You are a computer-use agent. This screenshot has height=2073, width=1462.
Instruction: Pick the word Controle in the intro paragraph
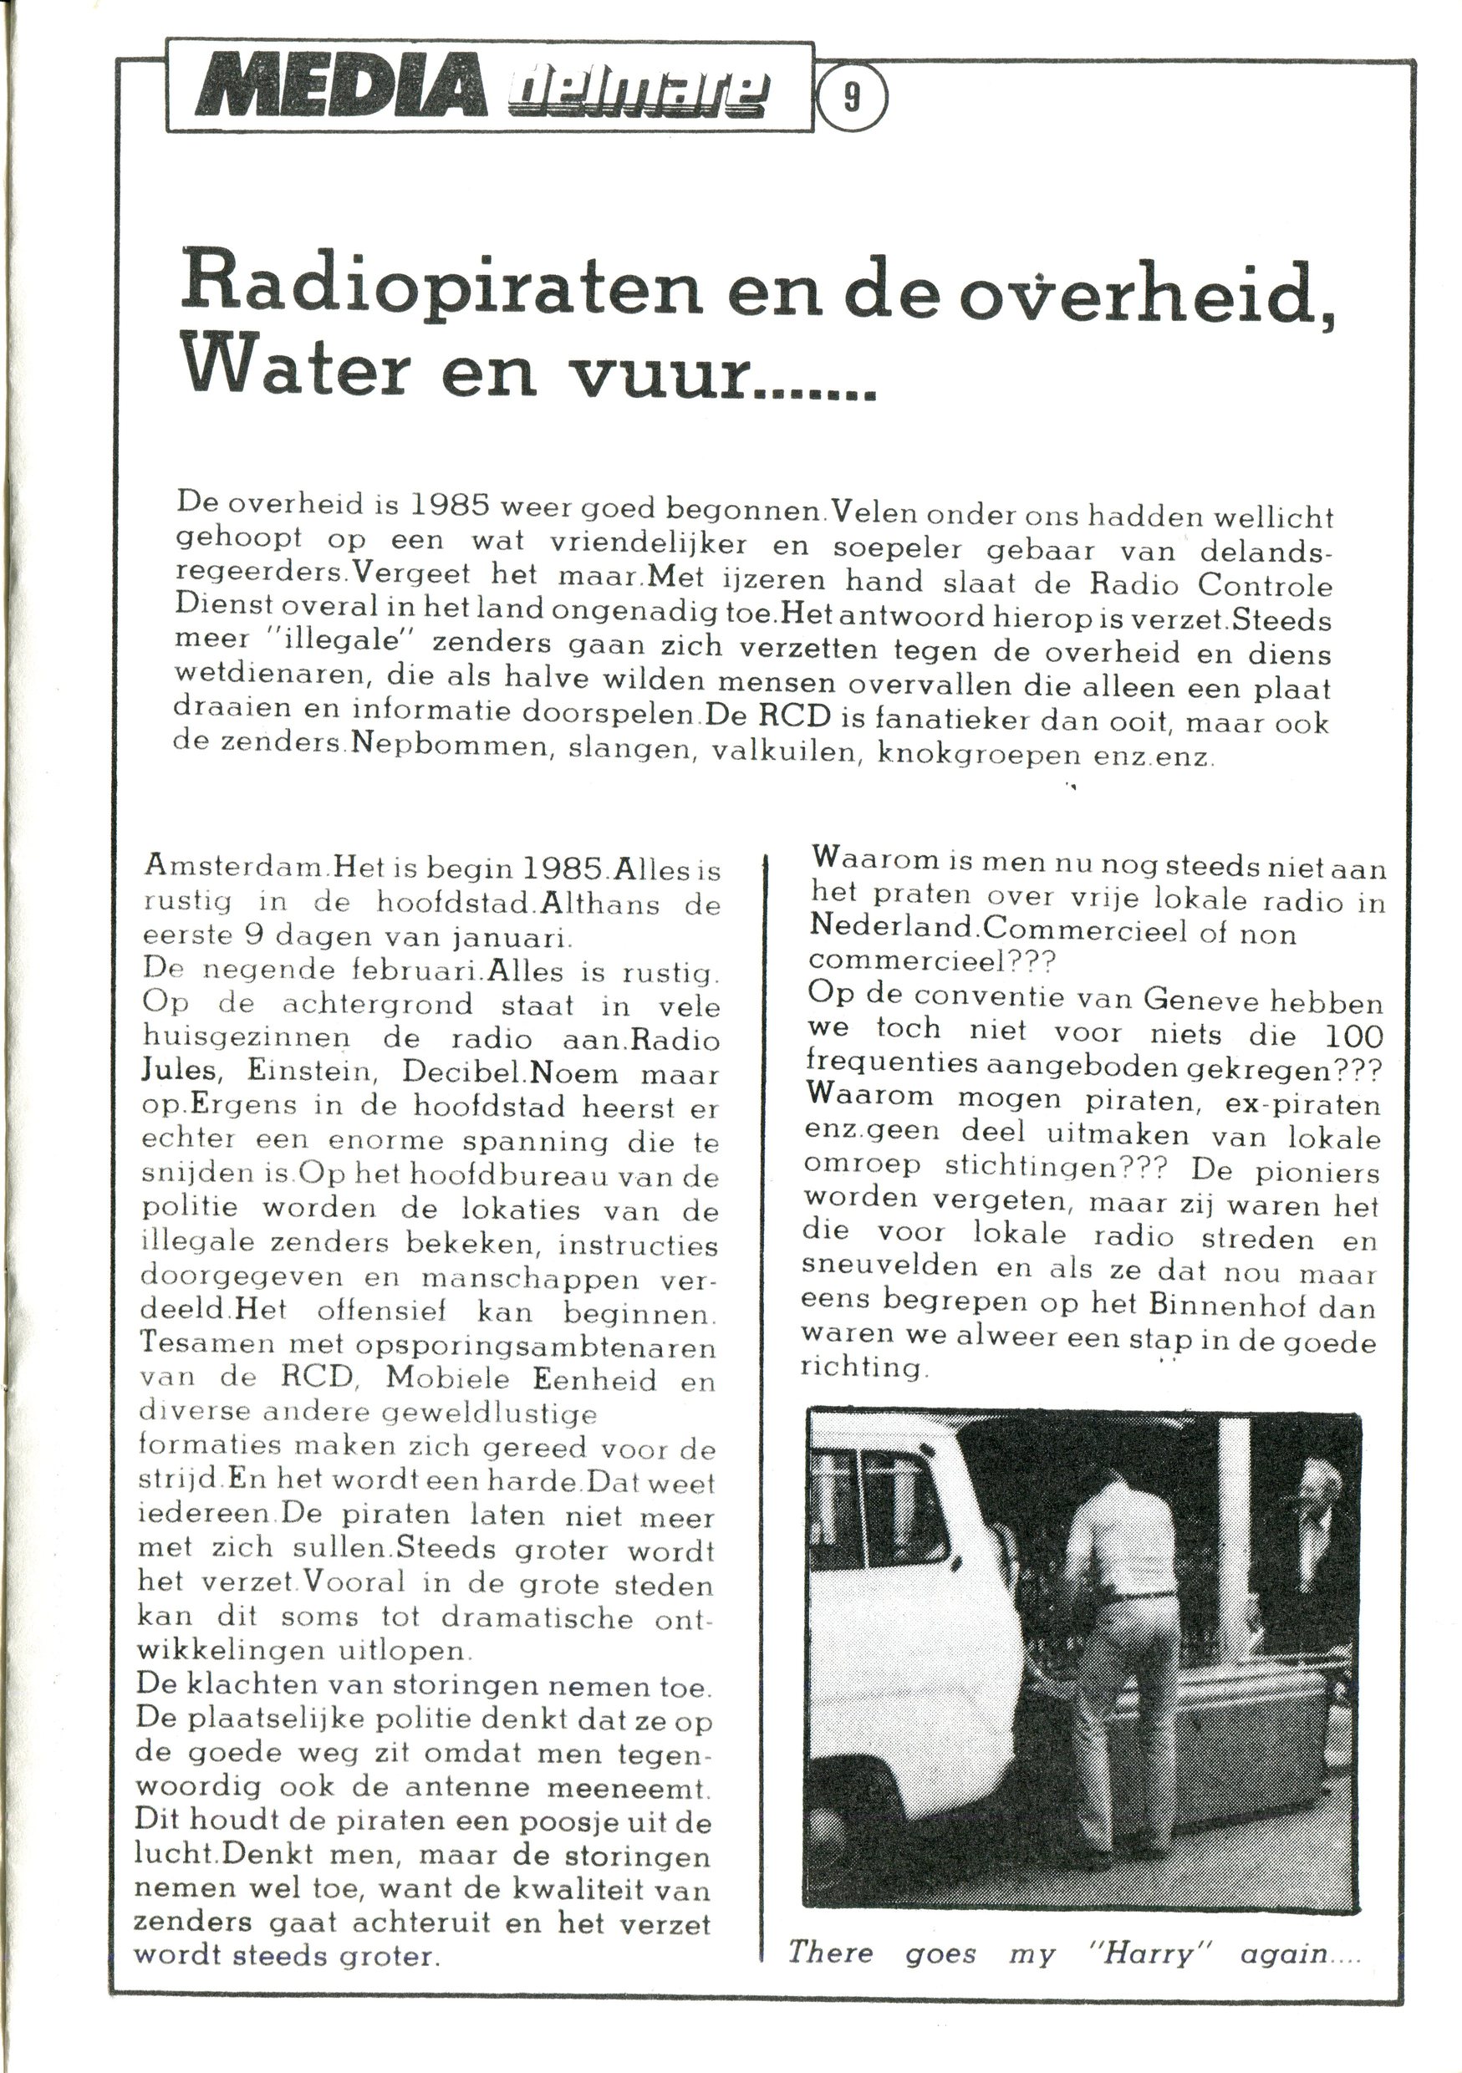[x=1263, y=584]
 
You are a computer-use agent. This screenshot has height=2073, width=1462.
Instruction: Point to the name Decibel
[x=465, y=1072]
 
